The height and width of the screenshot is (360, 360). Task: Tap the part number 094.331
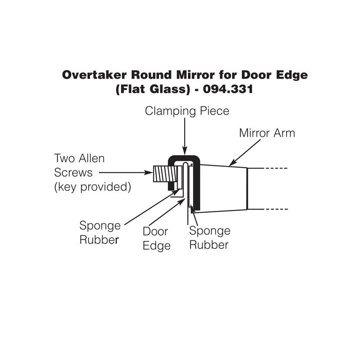pyautogui.click(x=228, y=89)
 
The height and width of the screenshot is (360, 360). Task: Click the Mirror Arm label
pyautogui.click(x=267, y=133)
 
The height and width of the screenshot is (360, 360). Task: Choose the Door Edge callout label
pyautogui.click(x=157, y=239)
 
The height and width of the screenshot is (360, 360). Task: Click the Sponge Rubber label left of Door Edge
pyautogui.click(x=100, y=232)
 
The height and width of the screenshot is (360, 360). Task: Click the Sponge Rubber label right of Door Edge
pyautogui.click(x=210, y=238)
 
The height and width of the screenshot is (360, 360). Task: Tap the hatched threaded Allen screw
pyautogui.click(x=162, y=174)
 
